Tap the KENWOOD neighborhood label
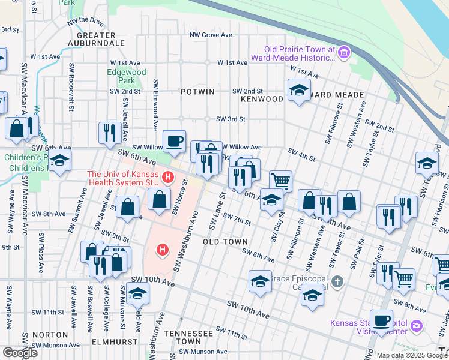(x=262, y=98)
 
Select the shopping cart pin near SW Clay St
(x=280, y=180)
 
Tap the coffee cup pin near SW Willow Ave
(x=174, y=140)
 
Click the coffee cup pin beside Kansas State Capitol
(x=381, y=320)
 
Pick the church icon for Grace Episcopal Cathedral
(x=338, y=281)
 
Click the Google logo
(x=20, y=353)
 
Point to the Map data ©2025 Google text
(x=411, y=355)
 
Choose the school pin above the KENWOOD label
(x=298, y=90)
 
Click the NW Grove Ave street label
(x=211, y=35)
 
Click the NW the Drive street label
(x=86, y=22)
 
